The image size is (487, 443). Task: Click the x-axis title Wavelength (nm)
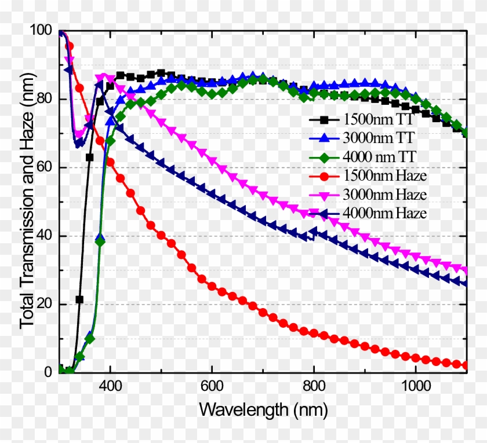click(x=263, y=410)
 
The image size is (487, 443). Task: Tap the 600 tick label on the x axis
click(x=212, y=387)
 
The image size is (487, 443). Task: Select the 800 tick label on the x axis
click(x=314, y=387)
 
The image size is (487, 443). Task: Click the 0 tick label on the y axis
click(x=50, y=372)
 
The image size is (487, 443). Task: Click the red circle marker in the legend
click(x=325, y=174)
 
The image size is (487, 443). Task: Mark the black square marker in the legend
click(x=325, y=120)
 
